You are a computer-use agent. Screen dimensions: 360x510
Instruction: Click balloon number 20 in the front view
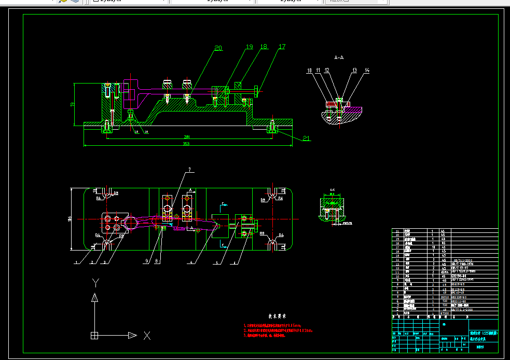pyautogui.click(x=218, y=48)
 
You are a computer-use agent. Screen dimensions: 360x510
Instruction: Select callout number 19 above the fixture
pyautogui.click(x=249, y=47)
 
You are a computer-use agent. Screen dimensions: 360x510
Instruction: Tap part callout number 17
pyautogui.click(x=282, y=47)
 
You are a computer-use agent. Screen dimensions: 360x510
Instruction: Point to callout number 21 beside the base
pyautogui.click(x=306, y=139)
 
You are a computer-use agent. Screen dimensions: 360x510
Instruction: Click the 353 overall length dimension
pyautogui.click(x=186, y=144)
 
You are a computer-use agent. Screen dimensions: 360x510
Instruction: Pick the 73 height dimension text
pyautogui.click(x=72, y=104)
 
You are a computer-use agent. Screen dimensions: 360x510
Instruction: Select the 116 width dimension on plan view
pyautogui.click(x=69, y=219)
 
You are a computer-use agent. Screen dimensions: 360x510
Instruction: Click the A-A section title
pyautogui.click(x=339, y=57)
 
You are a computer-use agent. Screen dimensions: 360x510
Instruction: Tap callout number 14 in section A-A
pyautogui.click(x=367, y=70)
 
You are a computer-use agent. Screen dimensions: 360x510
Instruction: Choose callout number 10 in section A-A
pyautogui.click(x=309, y=70)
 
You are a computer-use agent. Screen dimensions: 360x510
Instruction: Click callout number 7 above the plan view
pyautogui.click(x=190, y=169)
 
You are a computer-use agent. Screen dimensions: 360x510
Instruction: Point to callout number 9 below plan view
pyautogui.click(x=147, y=260)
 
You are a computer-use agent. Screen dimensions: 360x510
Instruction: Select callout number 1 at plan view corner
pyautogui.click(x=76, y=262)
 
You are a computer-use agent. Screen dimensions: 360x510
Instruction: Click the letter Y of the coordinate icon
pyautogui.click(x=95, y=283)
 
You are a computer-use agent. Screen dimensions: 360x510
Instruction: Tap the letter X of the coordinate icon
pyautogui.click(x=147, y=336)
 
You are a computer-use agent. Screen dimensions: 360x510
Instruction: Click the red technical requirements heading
pyautogui.click(x=278, y=316)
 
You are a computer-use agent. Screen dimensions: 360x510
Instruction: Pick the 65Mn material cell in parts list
pyautogui.click(x=444, y=272)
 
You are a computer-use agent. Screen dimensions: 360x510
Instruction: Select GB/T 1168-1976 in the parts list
pyautogui.click(x=464, y=264)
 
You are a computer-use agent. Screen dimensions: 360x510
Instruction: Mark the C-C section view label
pyautogui.click(x=332, y=189)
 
